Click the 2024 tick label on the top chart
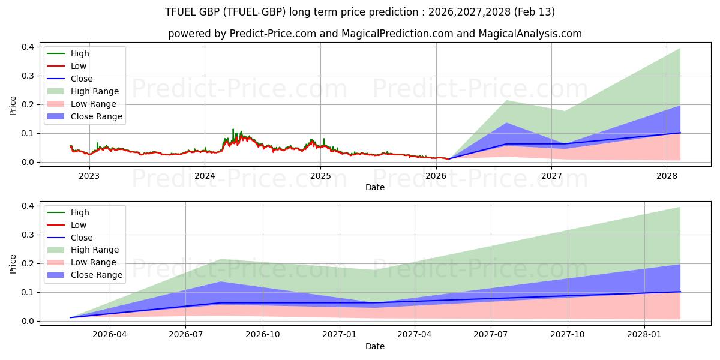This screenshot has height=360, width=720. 205,176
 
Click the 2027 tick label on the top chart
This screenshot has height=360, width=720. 551,176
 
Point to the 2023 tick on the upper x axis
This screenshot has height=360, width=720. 89,176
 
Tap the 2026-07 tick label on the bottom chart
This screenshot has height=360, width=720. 186,335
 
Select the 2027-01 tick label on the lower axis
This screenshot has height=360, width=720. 340,335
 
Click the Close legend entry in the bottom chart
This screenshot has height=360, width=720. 82,238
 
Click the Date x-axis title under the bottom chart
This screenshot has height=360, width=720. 375,346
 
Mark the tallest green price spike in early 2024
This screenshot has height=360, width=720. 233,130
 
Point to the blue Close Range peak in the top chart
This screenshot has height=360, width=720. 506,123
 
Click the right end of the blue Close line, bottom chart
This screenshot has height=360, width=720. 680,292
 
